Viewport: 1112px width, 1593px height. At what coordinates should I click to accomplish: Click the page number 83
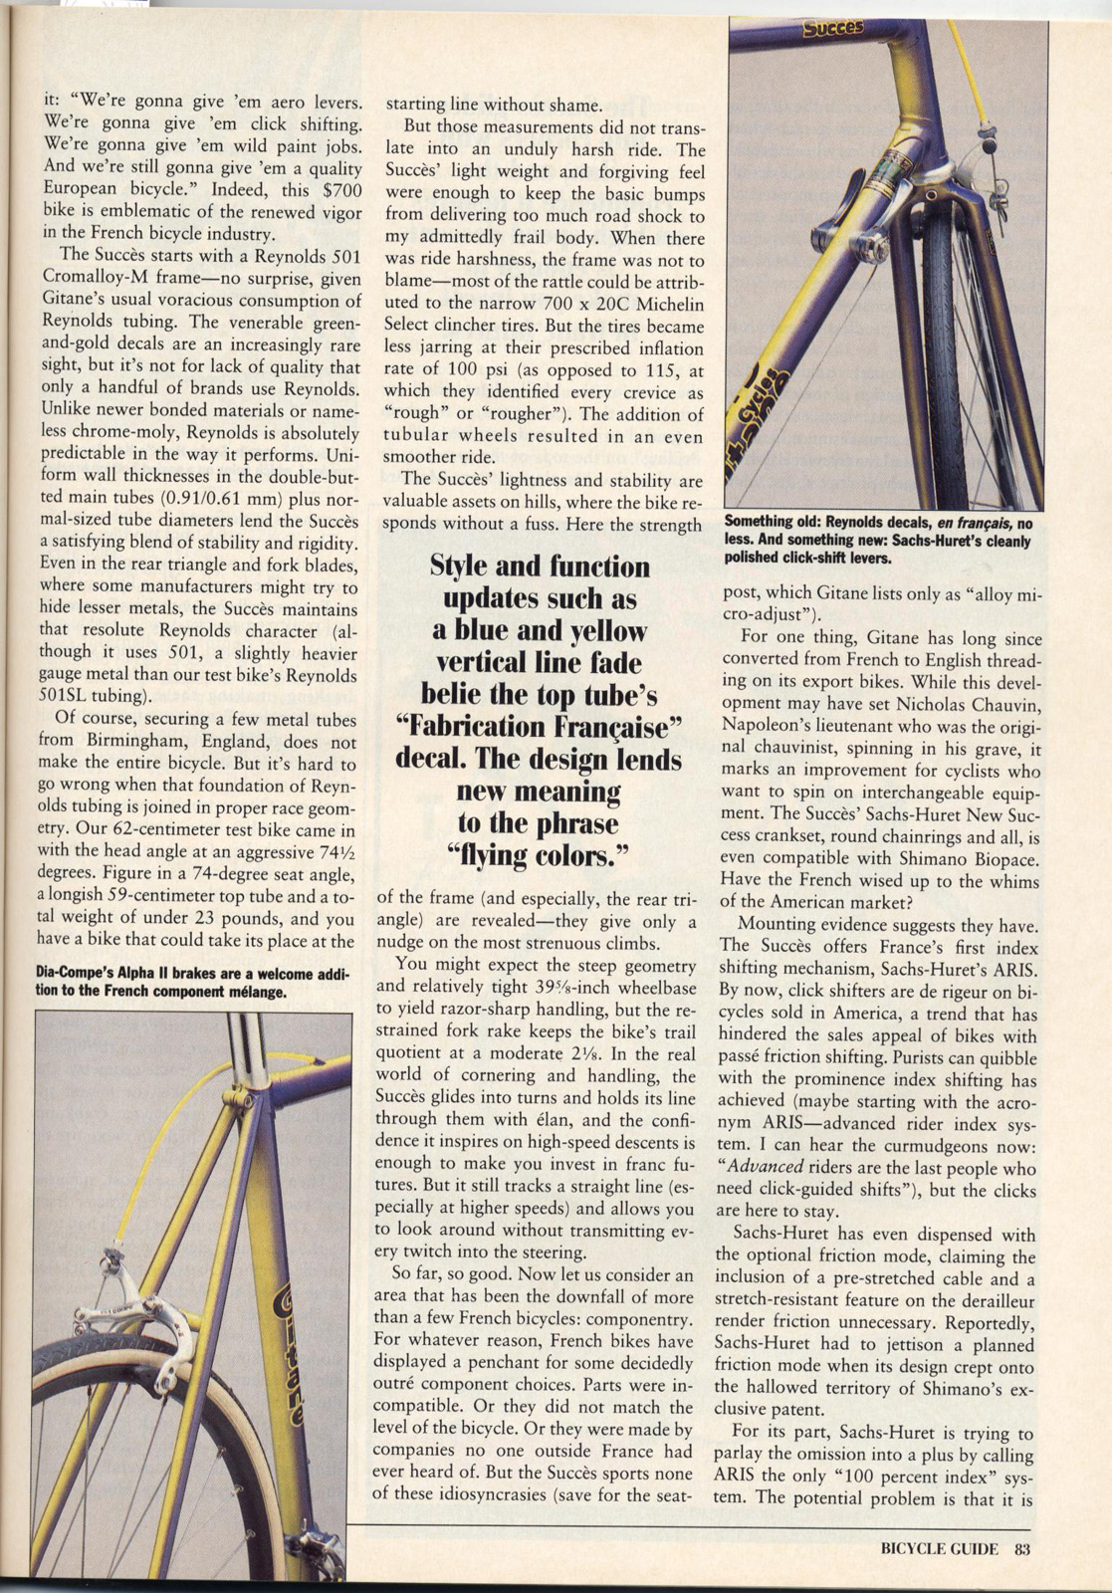coord(1021,1548)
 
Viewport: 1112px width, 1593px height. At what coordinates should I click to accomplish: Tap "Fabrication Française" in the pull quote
coord(538,727)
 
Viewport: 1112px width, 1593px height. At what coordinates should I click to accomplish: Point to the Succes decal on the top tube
coord(832,28)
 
